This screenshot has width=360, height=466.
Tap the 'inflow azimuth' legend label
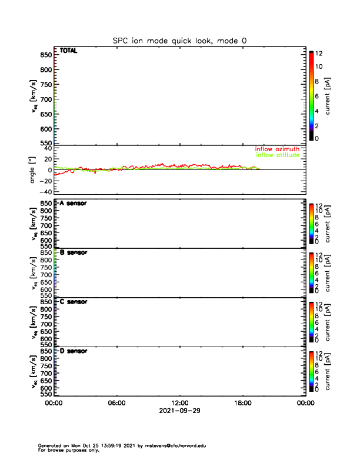(277, 149)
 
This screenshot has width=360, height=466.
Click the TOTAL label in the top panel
(68, 51)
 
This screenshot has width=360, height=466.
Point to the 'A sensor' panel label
(74, 204)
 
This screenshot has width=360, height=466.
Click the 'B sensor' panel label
(74, 252)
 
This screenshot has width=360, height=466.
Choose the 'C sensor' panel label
(74, 302)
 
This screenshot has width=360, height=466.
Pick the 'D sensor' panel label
(74, 351)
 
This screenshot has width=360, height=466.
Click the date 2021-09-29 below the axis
(179, 411)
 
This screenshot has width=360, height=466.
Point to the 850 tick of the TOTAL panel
(45, 55)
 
